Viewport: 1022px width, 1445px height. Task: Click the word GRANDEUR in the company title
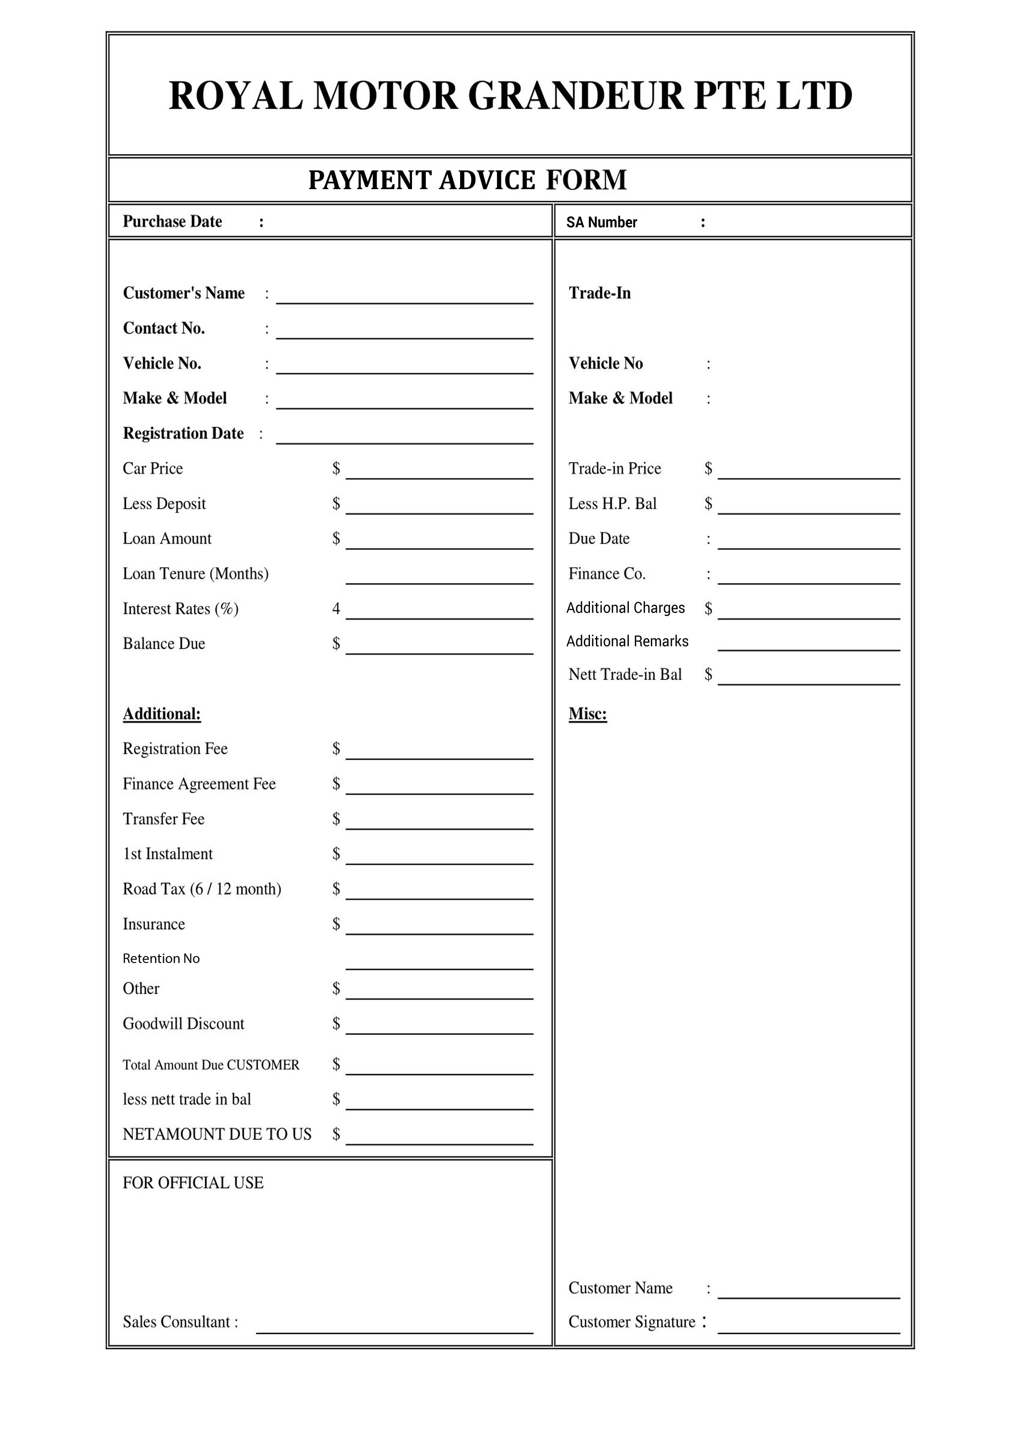pyautogui.click(x=575, y=96)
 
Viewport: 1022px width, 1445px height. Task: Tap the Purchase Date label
pyautogui.click(x=172, y=222)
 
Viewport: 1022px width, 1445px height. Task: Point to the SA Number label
pyautogui.click(x=601, y=222)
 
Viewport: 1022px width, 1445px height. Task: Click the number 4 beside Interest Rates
pyautogui.click(x=336, y=609)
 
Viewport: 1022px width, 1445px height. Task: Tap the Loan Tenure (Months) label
pyautogui.click(x=195, y=573)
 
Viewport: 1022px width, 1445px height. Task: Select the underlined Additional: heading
pyautogui.click(x=162, y=714)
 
